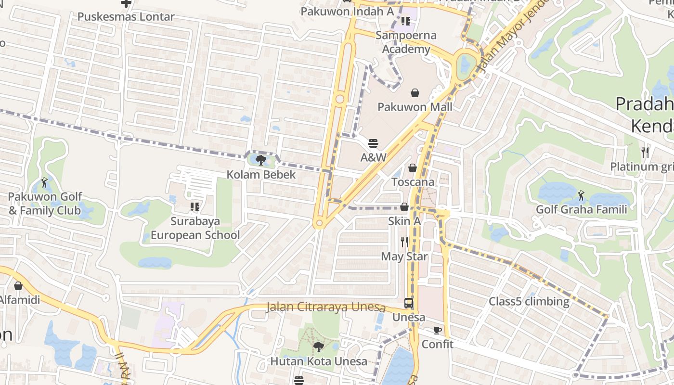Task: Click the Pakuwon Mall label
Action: pyautogui.click(x=415, y=107)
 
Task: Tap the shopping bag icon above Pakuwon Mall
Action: pyautogui.click(x=415, y=93)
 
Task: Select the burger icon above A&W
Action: pyautogui.click(x=373, y=143)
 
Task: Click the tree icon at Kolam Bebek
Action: pyautogui.click(x=261, y=160)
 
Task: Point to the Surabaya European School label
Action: pyautogui.click(x=195, y=228)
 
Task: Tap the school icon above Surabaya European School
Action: pyautogui.click(x=195, y=207)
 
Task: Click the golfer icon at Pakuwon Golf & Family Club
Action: pyautogui.click(x=45, y=182)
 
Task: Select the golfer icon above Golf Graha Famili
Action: pyautogui.click(x=581, y=195)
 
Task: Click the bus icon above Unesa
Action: pyautogui.click(x=409, y=303)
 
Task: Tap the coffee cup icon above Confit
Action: pyautogui.click(x=437, y=330)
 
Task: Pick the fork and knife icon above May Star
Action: pyautogui.click(x=404, y=242)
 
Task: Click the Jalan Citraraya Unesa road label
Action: pyautogui.click(x=326, y=307)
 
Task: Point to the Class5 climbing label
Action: pyautogui.click(x=529, y=302)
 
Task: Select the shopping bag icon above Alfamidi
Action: pyautogui.click(x=18, y=286)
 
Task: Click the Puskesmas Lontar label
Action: pyautogui.click(x=126, y=17)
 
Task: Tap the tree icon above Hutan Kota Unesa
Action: pyautogui.click(x=318, y=346)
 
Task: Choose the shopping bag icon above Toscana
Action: pyautogui.click(x=413, y=168)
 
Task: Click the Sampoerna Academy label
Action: pyautogui.click(x=406, y=42)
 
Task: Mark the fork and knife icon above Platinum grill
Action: pyautogui.click(x=645, y=153)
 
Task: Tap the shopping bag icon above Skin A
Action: pyautogui.click(x=404, y=207)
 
